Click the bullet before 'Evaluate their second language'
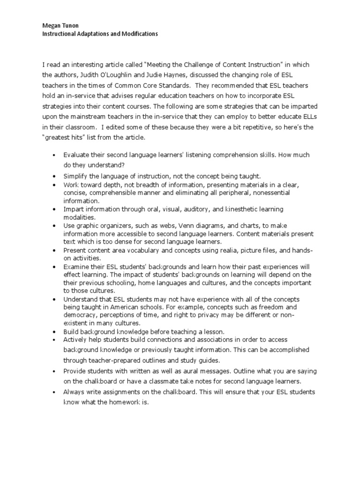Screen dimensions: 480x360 [55, 155]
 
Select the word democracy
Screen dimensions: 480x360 [79, 315]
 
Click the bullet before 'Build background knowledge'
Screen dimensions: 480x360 [55, 332]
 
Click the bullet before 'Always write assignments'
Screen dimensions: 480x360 [55, 392]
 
